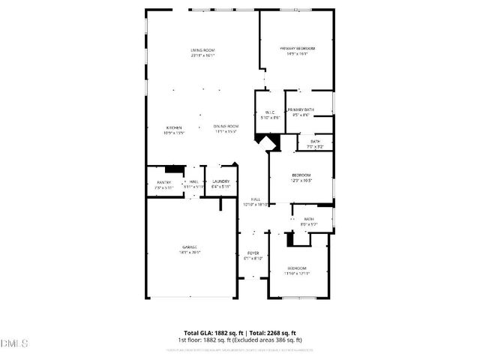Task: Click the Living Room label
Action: [202, 52]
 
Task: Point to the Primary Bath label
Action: [301, 112]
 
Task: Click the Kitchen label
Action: [175, 130]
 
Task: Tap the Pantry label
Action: [164, 184]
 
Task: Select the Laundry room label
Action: [220, 184]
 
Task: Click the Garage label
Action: [190, 250]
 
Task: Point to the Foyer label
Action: [253, 256]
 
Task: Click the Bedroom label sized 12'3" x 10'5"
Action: [301, 178]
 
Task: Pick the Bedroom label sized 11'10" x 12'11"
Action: [297, 271]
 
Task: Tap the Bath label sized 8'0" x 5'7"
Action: [309, 221]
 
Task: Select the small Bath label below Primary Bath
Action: [315, 144]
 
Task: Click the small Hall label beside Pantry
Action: [193, 184]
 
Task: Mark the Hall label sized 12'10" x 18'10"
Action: [256, 201]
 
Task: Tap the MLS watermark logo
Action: [14, 343]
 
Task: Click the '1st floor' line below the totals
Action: [240, 340]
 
